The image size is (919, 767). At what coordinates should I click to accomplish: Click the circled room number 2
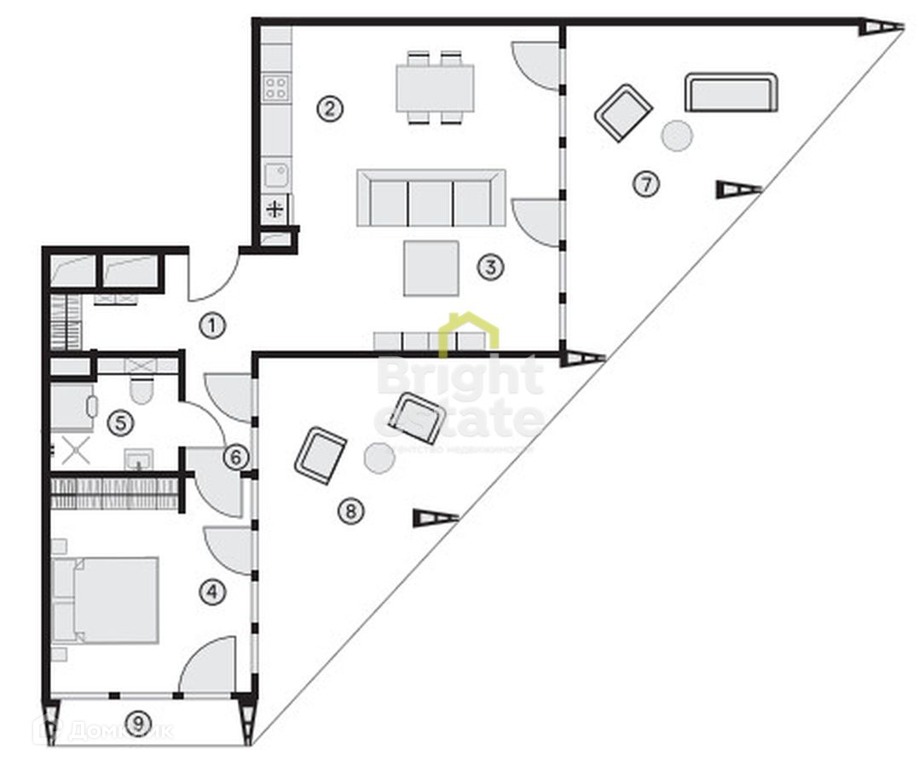330,108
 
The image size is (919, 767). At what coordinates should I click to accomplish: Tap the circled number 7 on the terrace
646,184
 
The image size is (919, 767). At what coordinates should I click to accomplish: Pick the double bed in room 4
107,600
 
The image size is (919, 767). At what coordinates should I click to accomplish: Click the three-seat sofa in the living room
431,198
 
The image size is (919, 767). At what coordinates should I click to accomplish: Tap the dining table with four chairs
435,88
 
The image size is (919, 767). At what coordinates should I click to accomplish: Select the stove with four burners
275,87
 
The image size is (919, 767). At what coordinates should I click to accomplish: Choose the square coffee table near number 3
431,268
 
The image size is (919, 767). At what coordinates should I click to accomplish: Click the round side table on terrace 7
678,136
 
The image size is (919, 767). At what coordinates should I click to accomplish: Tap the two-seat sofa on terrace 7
731,93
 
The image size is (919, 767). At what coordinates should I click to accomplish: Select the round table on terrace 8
379,458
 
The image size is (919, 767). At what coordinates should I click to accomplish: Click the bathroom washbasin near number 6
138,461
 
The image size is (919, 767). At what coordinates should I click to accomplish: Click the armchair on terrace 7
623,112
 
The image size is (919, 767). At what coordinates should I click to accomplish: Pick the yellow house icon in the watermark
468,334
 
